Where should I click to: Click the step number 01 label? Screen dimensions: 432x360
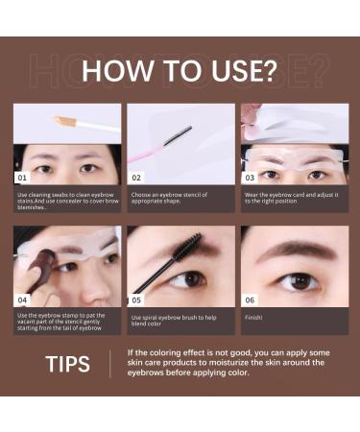pyautogui.click(x=23, y=178)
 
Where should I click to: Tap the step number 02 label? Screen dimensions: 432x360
pyautogui.click(x=136, y=178)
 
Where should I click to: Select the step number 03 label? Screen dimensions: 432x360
pyautogui.click(x=250, y=178)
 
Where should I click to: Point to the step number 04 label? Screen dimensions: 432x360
pyautogui.click(x=23, y=300)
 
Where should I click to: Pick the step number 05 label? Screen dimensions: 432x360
pyautogui.click(x=136, y=300)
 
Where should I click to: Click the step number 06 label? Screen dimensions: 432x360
pyautogui.click(x=250, y=300)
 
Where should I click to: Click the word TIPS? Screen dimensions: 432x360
pyautogui.click(x=68, y=364)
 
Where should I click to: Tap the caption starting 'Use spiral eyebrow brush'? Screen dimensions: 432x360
pyautogui.click(x=177, y=319)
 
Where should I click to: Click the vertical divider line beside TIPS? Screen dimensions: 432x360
pyautogui.click(x=110, y=364)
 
